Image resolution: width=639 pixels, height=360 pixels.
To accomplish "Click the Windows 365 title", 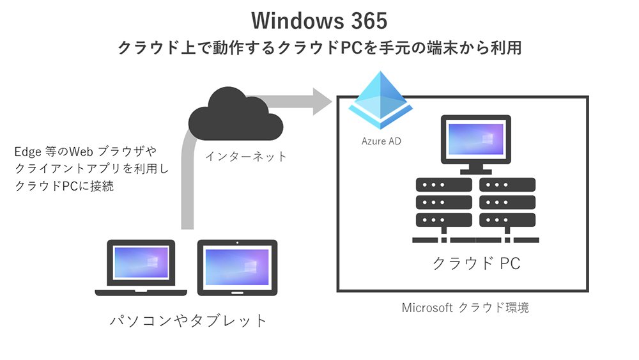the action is click(x=319, y=20).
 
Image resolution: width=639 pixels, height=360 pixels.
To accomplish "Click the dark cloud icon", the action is click(x=236, y=115).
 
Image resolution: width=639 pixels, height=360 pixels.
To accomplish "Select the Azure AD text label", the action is click(x=381, y=141).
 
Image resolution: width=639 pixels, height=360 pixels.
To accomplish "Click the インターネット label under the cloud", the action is click(x=246, y=156).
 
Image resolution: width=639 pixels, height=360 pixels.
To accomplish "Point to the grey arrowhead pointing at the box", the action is click(x=322, y=101).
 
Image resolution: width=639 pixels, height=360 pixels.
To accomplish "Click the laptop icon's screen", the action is click(x=141, y=262).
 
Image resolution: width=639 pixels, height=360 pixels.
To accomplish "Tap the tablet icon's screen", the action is click(x=237, y=267).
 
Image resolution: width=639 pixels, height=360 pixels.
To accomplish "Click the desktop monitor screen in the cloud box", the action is click(x=475, y=139).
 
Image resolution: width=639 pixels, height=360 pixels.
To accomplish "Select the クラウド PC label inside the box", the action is click(x=477, y=263).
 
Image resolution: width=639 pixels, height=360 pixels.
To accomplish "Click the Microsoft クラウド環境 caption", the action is click(x=465, y=308).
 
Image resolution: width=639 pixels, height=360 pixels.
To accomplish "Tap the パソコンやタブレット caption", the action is click(x=189, y=320).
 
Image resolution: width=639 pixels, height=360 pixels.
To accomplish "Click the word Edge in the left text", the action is click(x=27, y=152).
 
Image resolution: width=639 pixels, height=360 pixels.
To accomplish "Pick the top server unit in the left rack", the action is click(x=444, y=185).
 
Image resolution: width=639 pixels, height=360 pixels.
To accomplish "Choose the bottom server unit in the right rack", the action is click(x=507, y=220).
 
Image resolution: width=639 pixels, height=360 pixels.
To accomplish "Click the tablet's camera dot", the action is click(x=237, y=243).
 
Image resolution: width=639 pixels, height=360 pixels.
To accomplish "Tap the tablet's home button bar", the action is click(x=237, y=292).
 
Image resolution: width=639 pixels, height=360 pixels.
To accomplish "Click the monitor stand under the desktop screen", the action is click(x=475, y=168).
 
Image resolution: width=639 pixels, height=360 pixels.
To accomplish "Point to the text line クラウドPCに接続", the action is click(x=65, y=186).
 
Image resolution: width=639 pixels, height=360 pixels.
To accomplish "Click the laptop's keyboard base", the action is click(x=141, y=292).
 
